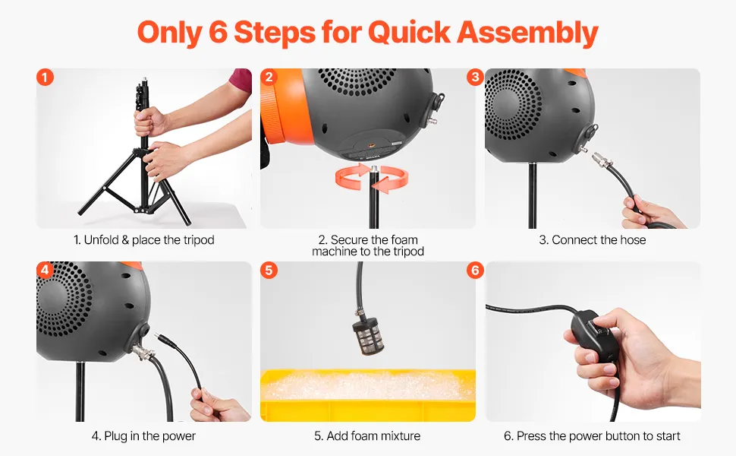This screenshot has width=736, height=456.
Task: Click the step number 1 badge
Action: click(x=45, y=77)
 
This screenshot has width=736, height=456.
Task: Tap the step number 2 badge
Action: click(x=269, y=77)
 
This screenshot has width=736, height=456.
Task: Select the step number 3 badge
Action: click(x=475, y=77)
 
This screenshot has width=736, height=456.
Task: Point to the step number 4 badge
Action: click(x=45, y=271)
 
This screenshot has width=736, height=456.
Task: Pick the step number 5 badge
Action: click(x=269, y=271)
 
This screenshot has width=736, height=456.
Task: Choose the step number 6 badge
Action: click(x=475, y=271)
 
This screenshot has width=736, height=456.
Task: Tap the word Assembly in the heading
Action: click(x=527, y=33)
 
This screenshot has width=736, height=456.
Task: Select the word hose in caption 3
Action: click(x=633, y=240)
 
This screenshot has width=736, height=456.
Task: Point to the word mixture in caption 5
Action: click(x=401, y=436)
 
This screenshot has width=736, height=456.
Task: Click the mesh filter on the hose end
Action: click(x=367, y=335)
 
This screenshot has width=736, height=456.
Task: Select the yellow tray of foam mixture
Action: click(x=368, y=395)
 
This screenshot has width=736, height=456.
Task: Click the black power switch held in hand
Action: click(x=595, y=336)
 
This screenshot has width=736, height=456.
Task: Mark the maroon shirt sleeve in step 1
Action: click(x=241, y=80)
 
